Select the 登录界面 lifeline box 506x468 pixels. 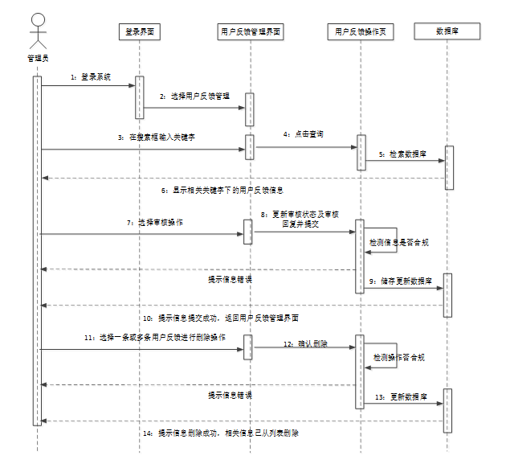click(x=139, y=32)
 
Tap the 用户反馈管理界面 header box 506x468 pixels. click(x=251, y=32)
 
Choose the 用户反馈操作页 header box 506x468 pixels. click(x=361, y=32)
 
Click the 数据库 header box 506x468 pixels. click(x=447, y=32)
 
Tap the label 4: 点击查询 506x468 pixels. click(x=303, y=134)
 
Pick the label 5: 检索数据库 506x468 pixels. click(x=402, y=153)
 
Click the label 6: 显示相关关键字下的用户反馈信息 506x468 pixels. click(x=222, y=190)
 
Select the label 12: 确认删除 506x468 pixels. click(x=304, y=343)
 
